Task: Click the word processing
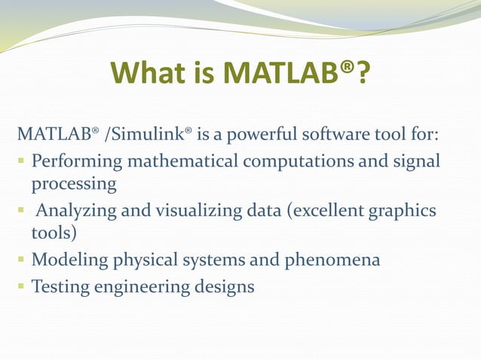[x=73, y=185]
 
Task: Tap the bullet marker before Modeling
[x=21, y=261]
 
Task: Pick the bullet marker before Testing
[x=21, y=286]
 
